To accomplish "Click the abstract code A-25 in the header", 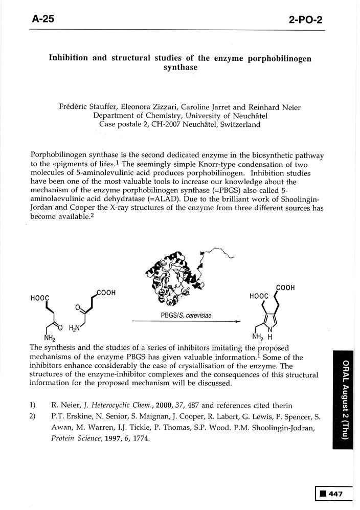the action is [x=43, y=19].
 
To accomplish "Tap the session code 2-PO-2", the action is [x=305, y=20].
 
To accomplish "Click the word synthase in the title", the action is [x=180, y=68].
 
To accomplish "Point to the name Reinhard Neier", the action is [x=275, y=107].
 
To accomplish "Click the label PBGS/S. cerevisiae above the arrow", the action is [x=186, y=315].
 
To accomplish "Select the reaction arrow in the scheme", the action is [x=186, y=321].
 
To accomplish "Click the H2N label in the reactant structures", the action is [x=74, y=328].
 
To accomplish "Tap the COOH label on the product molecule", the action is [x=285, y=287].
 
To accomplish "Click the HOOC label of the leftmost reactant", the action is [x=40, y=298].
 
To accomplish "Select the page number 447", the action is [x=335, y=494].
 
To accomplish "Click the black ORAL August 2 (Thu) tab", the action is [x=343, y=400].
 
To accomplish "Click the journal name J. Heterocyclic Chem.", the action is [x=119, y=405].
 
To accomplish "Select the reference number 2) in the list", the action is [x=33, y=416].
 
